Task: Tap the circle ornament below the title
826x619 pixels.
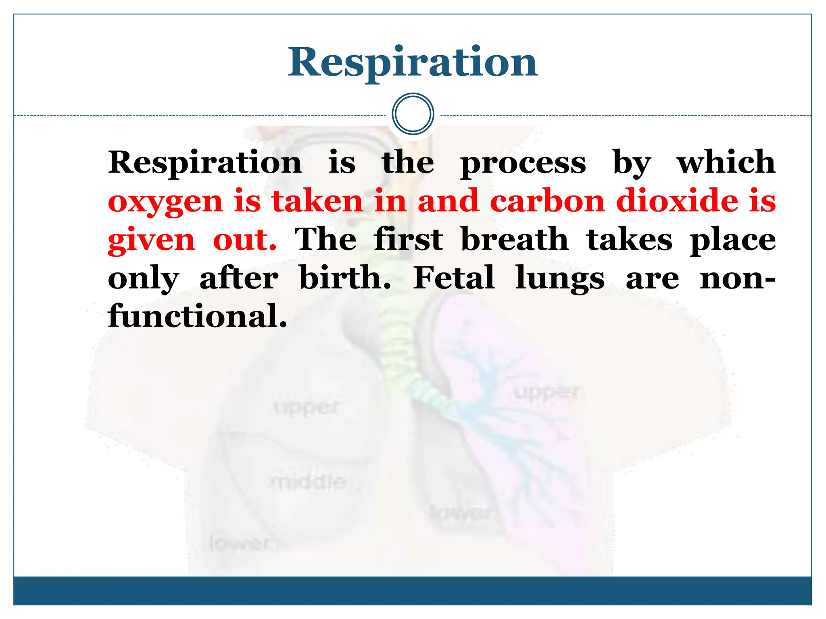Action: (413, 114)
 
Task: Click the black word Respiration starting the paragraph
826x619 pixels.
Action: (205, 162)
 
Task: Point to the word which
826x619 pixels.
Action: (726, 162)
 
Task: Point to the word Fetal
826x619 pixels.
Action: (454, 278)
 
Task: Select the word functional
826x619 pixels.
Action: (197, 316)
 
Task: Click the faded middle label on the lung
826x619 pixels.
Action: (309, 482)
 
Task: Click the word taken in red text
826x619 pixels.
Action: (317, 201)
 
